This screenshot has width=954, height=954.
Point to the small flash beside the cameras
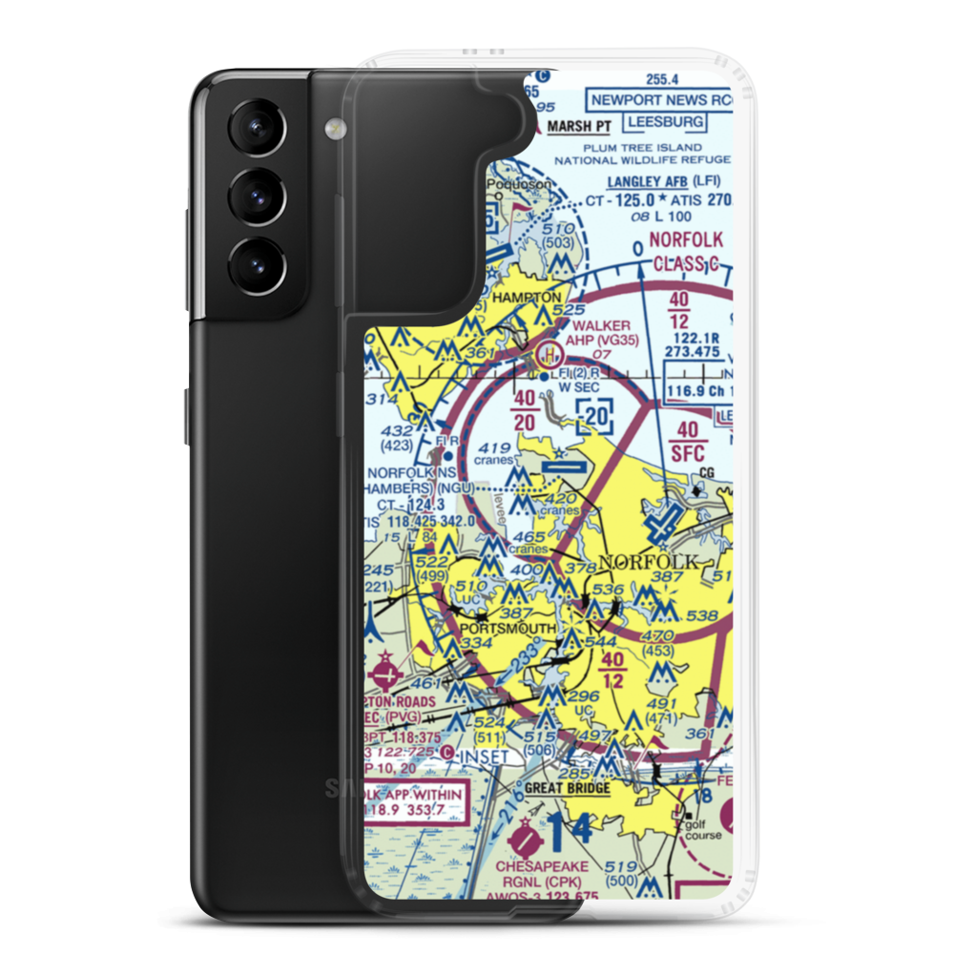pos(333,127)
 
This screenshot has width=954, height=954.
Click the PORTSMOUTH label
pos(508,629)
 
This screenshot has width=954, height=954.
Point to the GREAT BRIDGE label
pos(567,789)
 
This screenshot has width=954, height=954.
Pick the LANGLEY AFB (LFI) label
pos(665,181)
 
